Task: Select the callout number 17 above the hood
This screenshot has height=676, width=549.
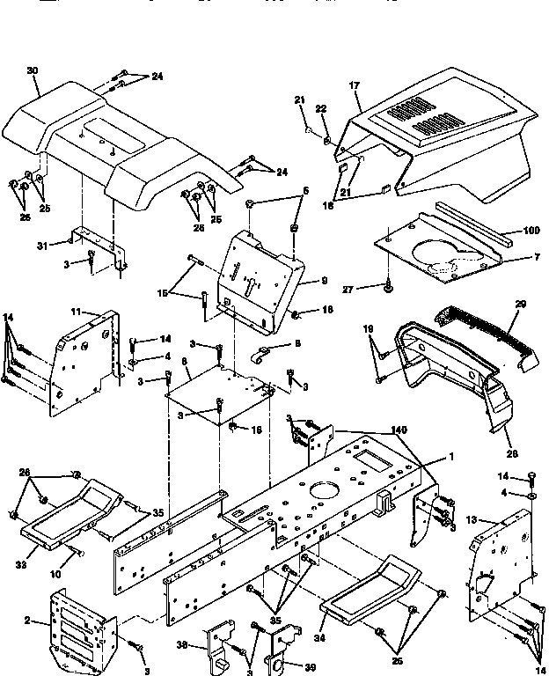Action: (355, 85)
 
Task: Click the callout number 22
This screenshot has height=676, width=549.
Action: (322, 108)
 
